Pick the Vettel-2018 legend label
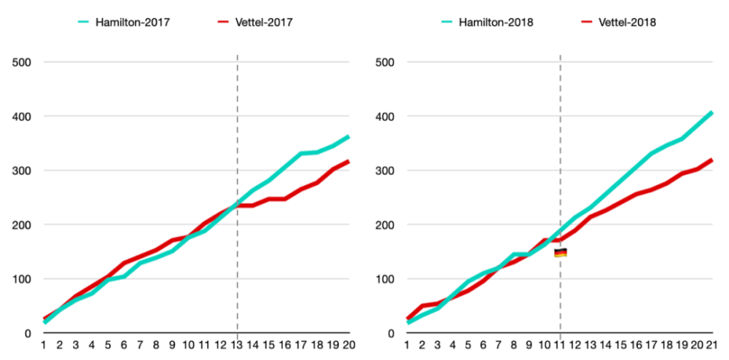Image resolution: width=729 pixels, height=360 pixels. [628, 23]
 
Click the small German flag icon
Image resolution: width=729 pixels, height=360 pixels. [560, 253]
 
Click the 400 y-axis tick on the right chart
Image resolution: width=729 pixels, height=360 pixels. [385, 117]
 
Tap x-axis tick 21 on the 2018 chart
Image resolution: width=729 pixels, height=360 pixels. [712, 345]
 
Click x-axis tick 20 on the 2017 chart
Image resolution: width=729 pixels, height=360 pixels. [349, 345]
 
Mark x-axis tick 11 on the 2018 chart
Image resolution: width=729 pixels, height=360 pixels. [560, 345]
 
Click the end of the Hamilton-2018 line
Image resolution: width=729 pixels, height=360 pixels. [712, 112]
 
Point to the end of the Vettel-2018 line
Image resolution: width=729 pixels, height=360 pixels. [712, 160]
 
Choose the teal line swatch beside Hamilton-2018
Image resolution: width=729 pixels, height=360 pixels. [456, 23]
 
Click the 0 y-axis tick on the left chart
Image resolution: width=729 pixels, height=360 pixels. [27, 334]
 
